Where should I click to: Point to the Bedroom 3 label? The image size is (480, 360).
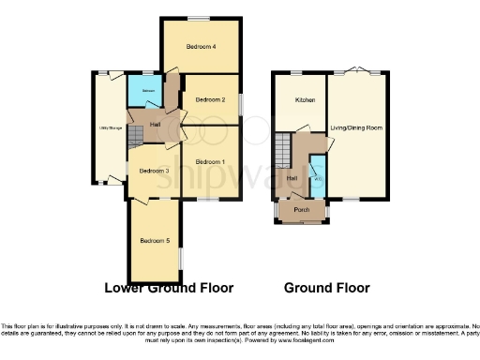[x=154, y=171]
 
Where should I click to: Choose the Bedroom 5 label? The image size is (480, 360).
[x=155, y=241]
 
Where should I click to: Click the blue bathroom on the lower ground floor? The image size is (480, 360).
[x=143, y=96]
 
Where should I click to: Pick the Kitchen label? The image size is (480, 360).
[x=305, y=99]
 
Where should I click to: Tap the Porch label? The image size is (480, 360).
[x=302, y=210]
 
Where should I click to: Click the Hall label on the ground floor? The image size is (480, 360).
[x=292, y=178]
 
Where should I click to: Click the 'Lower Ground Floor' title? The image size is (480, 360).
[x=169, y=288]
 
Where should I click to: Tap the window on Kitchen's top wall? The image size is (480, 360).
[x=296, y=73]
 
